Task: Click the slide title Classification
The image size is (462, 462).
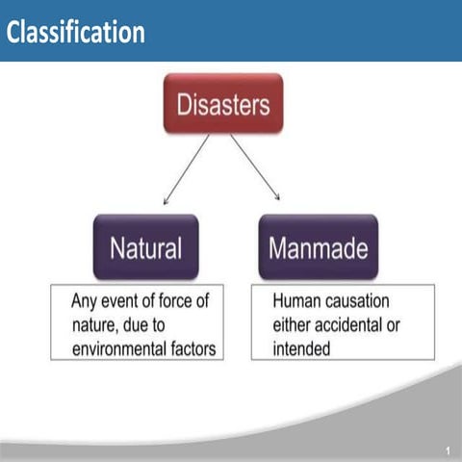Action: (x=75, y=31)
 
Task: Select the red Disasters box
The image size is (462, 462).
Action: (x=222, y=103)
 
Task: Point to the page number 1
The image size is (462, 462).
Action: (x=448, y=450)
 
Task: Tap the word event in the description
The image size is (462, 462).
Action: (x=125, y=300)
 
